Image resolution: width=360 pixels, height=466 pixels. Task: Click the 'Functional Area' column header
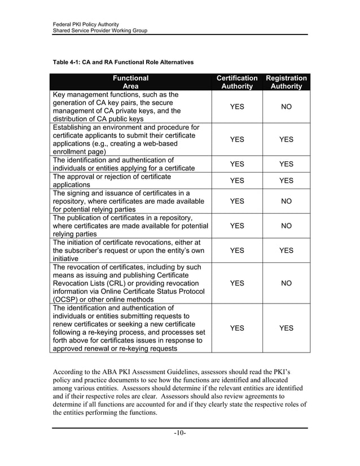(x=130, y=82)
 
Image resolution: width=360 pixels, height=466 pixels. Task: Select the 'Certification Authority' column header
(x=237, y=82)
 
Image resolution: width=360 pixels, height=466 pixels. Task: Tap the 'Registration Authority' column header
(x=286, y=82)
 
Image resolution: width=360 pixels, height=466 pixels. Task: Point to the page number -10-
(x=180, y=433)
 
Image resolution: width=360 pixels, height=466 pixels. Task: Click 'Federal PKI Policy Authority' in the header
(x=85, y=24)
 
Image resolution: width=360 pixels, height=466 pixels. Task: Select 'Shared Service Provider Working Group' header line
(x=100, y=30)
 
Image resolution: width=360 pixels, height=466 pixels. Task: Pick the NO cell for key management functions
(x=286, y=107)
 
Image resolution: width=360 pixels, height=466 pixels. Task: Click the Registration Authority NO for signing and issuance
(x=286, y=201)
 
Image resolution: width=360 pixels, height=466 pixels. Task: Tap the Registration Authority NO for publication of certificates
(x=286, y=226)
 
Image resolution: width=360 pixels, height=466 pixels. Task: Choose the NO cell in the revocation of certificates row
(x=286, y=283)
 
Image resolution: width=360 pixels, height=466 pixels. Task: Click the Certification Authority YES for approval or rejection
(x=237, y=181)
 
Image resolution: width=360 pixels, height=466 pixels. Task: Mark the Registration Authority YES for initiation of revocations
(x=286, y=250)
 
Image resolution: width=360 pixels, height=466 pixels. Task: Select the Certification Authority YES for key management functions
(x=237, y=107)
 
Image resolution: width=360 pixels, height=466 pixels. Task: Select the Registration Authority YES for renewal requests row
(x=286, y=328)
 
